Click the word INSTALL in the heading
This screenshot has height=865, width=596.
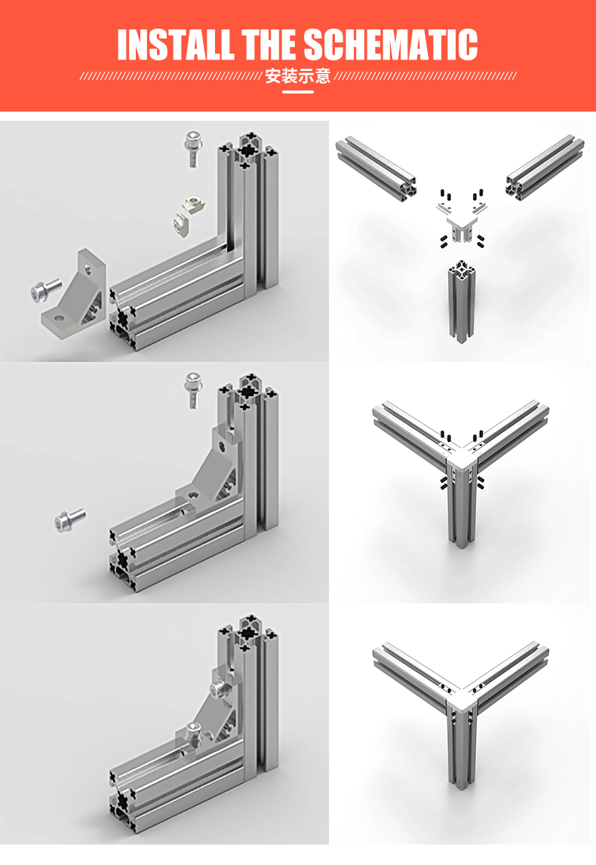tap(176, 44)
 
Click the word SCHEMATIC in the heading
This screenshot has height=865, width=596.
tap(391, 44)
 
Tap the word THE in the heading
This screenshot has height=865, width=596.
tap(269, 44)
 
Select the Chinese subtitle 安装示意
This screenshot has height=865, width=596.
tap(297, 75)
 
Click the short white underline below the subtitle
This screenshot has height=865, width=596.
tap(298, 91)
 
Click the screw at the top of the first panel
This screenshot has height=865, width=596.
tap(193, 148)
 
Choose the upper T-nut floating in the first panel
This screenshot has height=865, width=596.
tap(195, 203)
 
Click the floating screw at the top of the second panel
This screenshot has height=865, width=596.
tap(193, 389)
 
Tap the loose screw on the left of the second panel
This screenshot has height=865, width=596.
tap(69, 520)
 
